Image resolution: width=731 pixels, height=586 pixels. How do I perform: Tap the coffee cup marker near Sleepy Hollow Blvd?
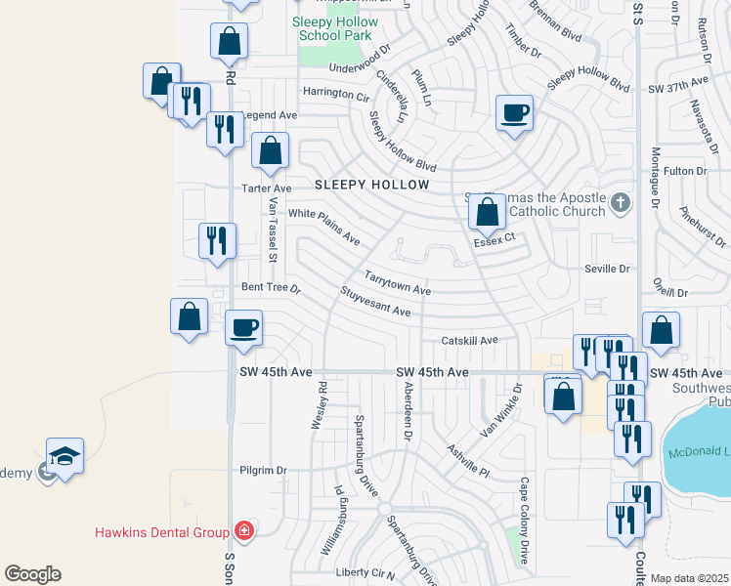514,113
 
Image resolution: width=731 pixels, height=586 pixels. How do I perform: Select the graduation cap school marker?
64,456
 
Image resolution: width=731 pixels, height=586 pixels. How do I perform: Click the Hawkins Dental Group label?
162,532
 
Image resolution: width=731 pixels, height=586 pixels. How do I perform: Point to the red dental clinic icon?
243,532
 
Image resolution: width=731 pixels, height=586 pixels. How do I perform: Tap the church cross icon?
619,204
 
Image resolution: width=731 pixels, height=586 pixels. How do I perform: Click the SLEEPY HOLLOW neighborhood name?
372,185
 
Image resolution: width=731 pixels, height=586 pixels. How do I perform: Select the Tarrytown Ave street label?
398,283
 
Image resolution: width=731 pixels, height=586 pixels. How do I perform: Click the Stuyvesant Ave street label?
376,301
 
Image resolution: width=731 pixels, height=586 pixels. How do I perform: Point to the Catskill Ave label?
469,340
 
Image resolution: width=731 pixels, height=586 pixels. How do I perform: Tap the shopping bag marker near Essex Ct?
486,211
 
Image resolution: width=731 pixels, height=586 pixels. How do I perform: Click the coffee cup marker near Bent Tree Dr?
244,326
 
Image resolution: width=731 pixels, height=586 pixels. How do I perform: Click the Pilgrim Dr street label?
263,470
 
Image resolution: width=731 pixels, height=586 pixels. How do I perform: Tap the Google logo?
31,574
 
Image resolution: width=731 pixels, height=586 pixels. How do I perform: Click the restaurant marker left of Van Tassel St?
216,239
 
